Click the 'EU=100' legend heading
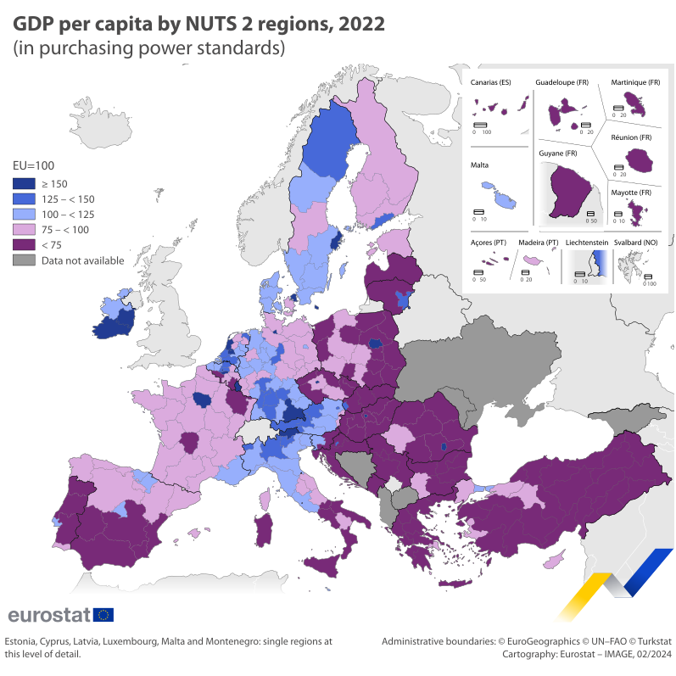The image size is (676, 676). pyautogui.click(x=32, y=166)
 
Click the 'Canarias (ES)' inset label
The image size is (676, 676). pyautogui.click(x=490, y=82)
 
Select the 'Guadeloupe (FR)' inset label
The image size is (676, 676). pyautogui.click(x=561, y=82)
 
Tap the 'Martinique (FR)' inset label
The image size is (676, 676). pyautogui.click(x=635, y=82)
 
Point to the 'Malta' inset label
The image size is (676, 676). pyautogui.click(x=479, y=166)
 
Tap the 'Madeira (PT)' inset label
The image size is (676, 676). pyautogui.click(x=539, y=243)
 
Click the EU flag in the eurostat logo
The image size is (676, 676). pyautogui.click(x=103, y=614)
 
